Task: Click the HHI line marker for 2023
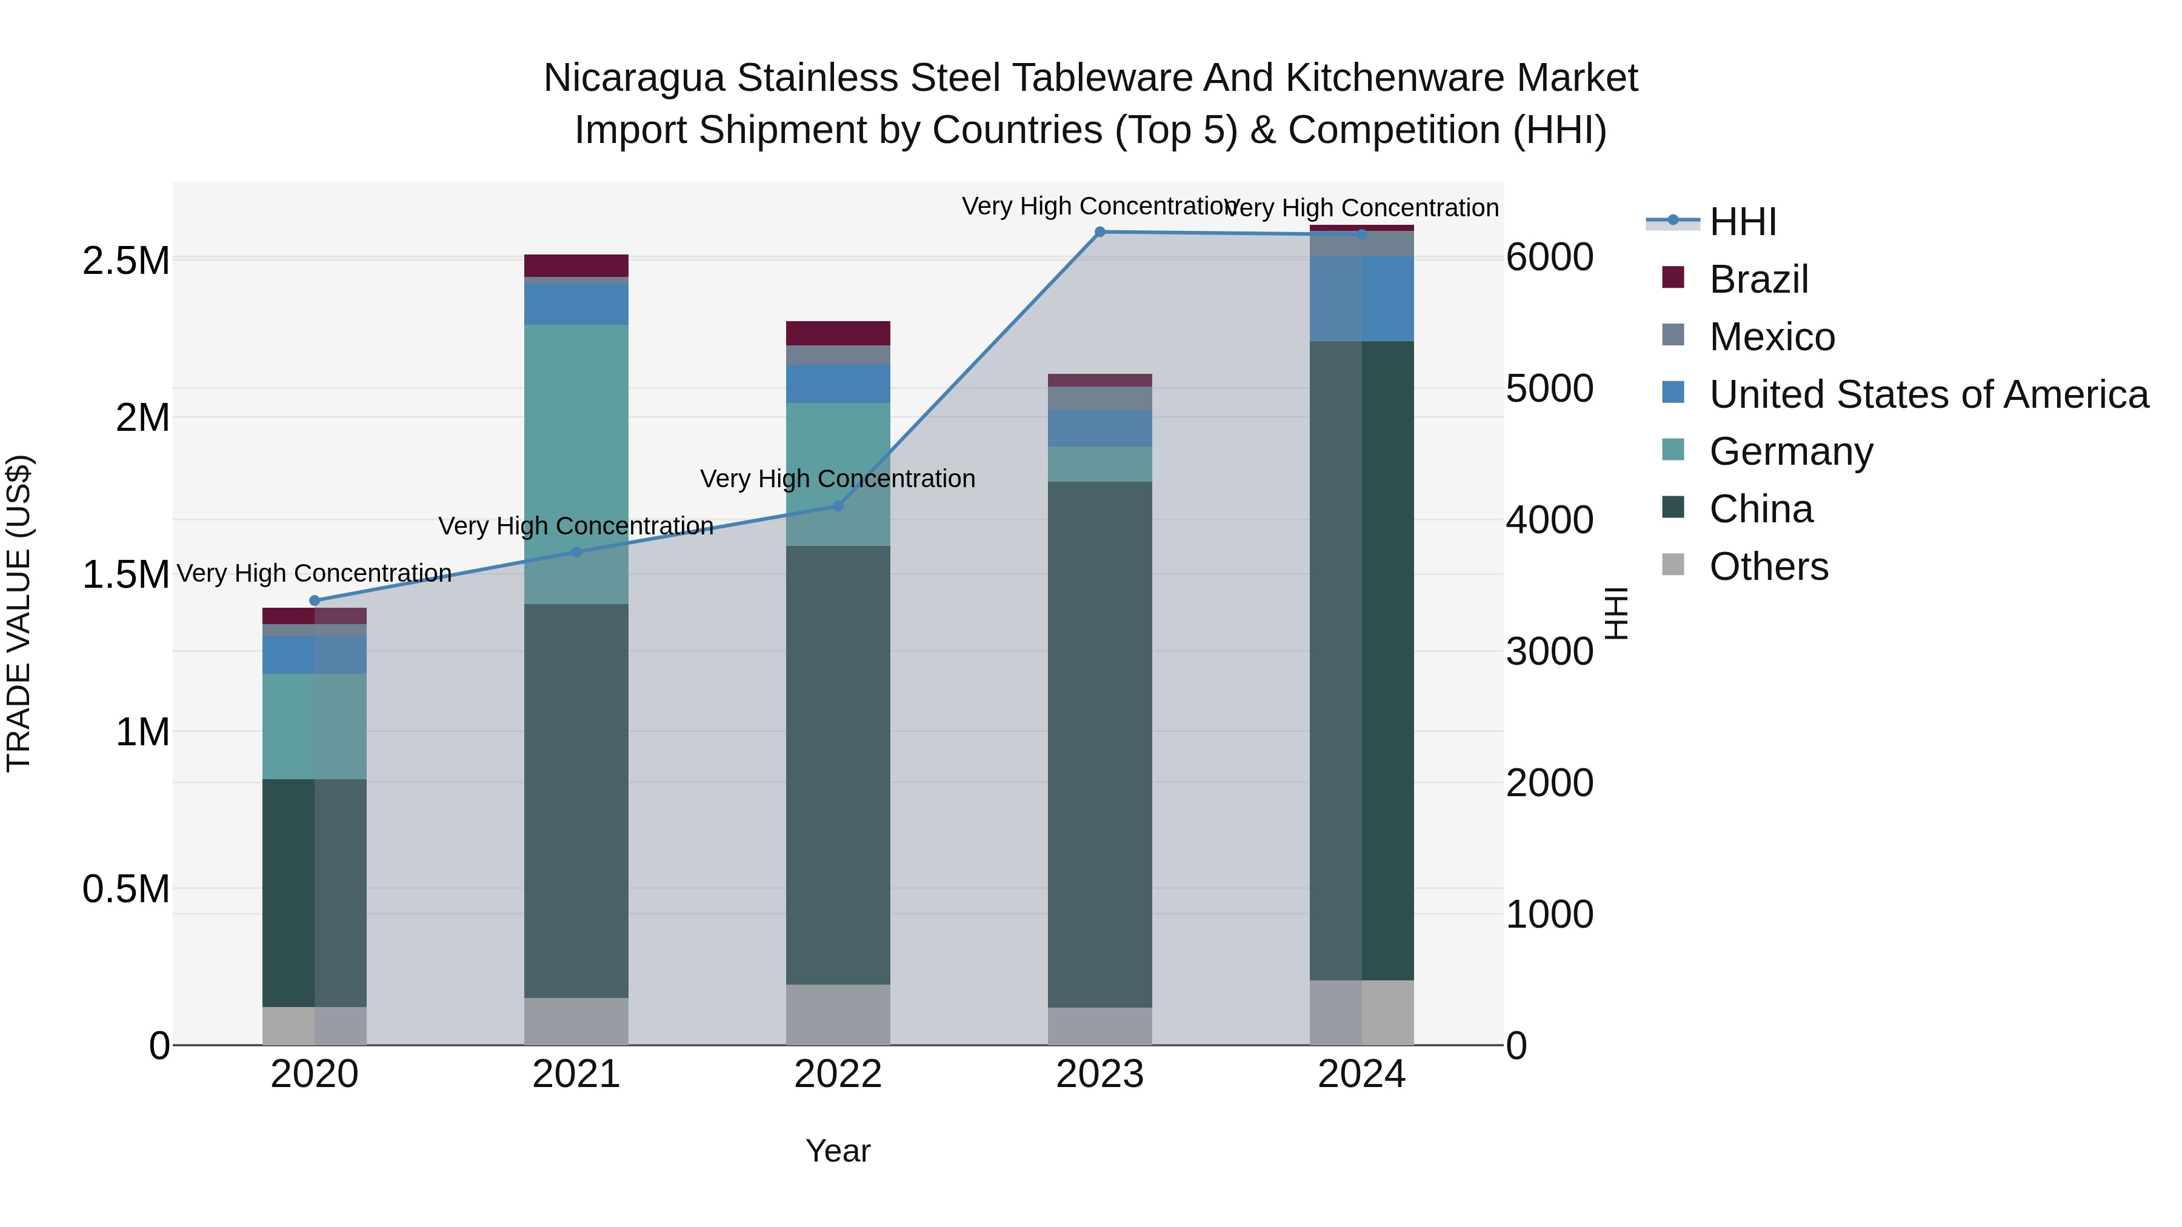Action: [1099, 231]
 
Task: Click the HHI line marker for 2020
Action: [314, 600]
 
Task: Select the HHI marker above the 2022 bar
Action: [838, 507]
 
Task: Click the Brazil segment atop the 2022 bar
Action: [838, 333]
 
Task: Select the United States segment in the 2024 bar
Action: [1361, 298]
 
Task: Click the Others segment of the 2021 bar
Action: [576, 1020]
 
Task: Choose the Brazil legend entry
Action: [1758, 279]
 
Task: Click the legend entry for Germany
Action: [1790, 451]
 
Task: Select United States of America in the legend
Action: [1928, 394]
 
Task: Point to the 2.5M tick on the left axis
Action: [125, 261]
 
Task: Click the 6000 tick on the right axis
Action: [1549, 258]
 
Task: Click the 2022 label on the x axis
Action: [838, 1074]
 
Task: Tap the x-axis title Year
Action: [838, 1151]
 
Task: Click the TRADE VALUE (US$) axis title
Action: [19, 613]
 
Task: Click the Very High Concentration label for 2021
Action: [576, 526]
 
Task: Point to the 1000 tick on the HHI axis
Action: [1549, 914]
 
